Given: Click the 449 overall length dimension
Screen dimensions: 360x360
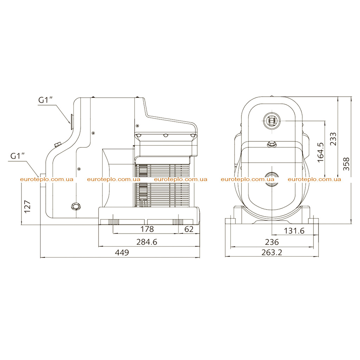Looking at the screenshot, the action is click(122, 252).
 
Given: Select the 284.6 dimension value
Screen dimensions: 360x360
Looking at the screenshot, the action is click(147, 242).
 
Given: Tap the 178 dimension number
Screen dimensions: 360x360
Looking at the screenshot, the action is click(147, 229).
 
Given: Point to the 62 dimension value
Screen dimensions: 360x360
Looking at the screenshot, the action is click(189, 229).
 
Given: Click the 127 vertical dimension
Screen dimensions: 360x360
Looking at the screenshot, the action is click(27, 207).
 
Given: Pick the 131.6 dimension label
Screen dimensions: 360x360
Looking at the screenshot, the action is click(294, 231).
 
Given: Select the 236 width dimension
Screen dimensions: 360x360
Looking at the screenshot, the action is click(272, 242).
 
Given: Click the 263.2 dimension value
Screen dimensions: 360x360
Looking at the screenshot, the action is click(272, 252).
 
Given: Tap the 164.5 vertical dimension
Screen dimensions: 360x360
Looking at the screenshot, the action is click(321, 153).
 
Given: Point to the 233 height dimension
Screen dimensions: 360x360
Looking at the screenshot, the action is click(333, 139).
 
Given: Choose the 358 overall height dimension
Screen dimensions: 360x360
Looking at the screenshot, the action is click(346, 164).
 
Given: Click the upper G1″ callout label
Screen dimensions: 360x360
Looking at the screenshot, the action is click(45, 100).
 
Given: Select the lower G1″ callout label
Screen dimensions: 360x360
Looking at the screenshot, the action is click(18, 156).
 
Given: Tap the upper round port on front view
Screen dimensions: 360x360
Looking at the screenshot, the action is click(272, 121).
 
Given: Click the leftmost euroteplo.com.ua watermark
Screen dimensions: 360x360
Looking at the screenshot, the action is click(47, 179).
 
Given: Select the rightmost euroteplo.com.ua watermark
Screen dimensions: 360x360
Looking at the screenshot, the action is click(314, 179).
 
